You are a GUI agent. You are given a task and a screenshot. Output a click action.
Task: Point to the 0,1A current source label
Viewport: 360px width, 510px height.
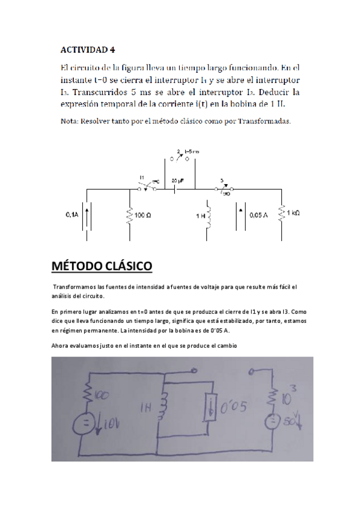click(73, 214)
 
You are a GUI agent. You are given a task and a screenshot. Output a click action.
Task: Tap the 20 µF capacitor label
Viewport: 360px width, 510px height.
click(177, 180)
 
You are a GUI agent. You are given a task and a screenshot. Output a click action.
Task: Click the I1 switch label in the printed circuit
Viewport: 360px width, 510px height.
click(142, 177)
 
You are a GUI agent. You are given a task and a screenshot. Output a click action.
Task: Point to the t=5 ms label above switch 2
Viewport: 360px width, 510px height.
click(191, 150)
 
